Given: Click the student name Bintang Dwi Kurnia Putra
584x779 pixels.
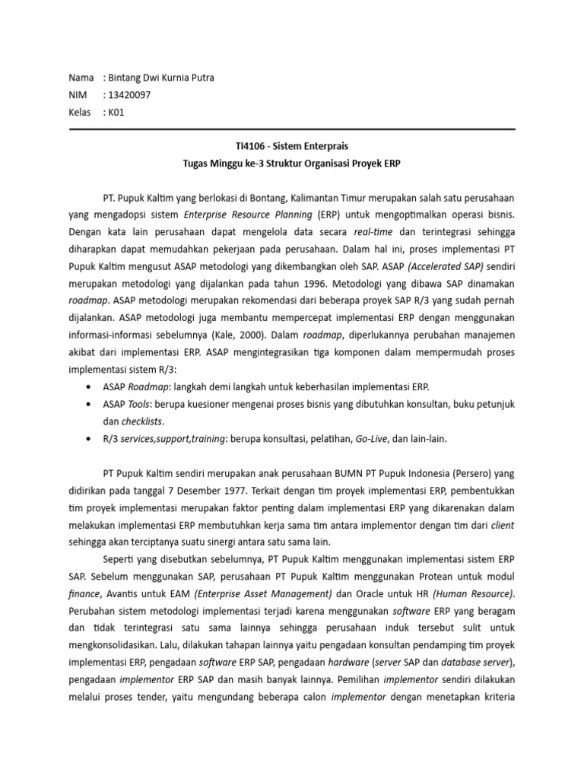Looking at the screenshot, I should pos(163,78).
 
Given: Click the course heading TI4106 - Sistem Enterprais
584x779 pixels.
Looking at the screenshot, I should pos(292,145).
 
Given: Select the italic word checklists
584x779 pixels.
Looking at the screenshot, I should pos(142,421).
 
